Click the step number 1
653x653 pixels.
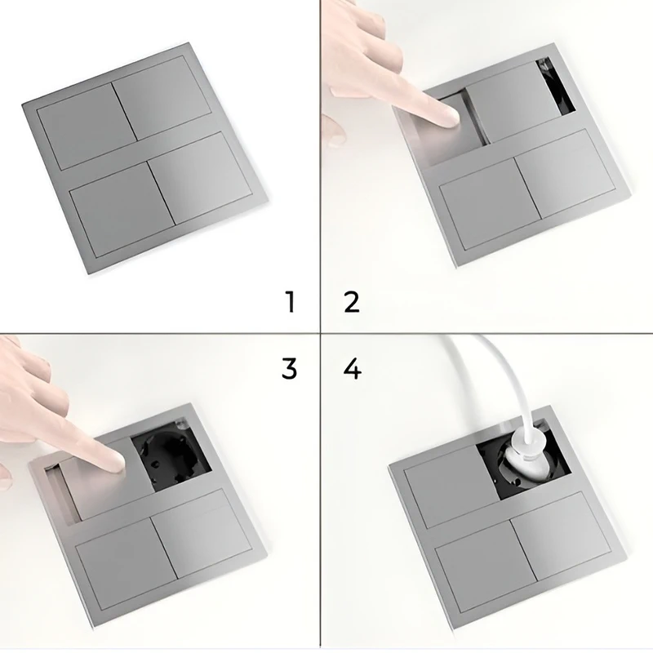[291, 302]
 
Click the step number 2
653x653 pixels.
[352, 302]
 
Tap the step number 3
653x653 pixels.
[290, 368]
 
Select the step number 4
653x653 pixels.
[353, 369]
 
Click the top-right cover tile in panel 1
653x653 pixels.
[162, 98]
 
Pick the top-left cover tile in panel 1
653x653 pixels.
[87, 127]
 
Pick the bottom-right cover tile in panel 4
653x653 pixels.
[561, 537]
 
